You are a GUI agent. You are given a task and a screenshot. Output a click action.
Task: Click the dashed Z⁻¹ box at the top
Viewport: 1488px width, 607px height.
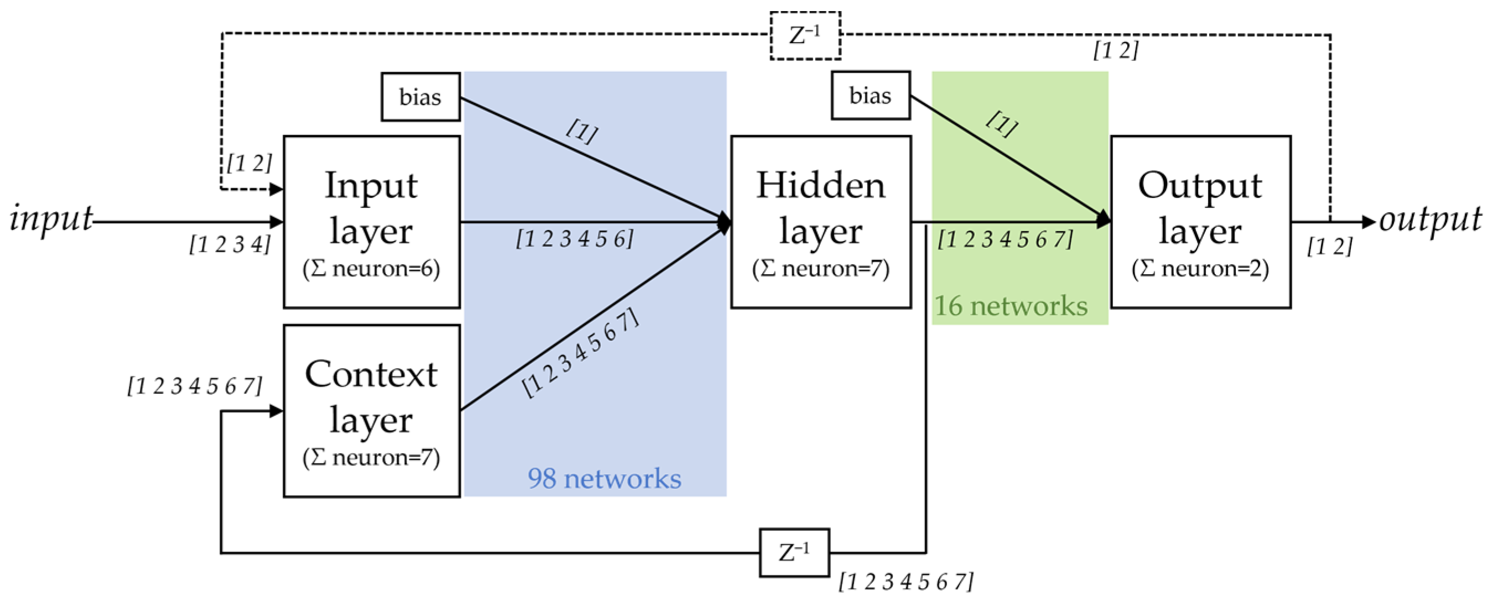tap(805, 36)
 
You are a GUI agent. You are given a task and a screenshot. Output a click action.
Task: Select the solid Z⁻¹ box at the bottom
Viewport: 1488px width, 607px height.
tap(794, 553)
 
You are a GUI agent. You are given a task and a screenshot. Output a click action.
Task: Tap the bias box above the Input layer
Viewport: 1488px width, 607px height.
tap(420, 97)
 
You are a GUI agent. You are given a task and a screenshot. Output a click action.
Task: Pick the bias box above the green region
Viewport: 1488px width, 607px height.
tap(870, 96)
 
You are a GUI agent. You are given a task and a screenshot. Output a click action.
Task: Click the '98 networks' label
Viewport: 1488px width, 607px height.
tap(604, 479)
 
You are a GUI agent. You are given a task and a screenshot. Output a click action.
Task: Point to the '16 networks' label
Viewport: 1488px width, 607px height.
tap(1011, 306)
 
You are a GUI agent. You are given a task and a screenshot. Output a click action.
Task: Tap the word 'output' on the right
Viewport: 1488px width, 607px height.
tap(1430, 219)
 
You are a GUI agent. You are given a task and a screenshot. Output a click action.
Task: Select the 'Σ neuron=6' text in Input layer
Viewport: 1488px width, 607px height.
tap(371, 269)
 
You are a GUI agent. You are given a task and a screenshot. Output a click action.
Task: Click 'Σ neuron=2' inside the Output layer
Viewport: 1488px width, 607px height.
tap(1200, 269)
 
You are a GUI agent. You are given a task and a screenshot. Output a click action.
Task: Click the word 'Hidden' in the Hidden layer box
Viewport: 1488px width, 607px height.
tap(820, 186)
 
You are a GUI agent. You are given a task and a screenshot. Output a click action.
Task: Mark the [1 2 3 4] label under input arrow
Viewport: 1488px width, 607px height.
tap(230, 245)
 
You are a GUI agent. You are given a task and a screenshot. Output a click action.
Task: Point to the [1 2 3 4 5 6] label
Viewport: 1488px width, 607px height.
tap(574, 238)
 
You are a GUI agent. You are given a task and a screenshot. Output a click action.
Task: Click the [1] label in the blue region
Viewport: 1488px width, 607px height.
tap(582, 132)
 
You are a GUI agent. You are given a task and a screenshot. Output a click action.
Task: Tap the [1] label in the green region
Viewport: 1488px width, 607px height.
tap(1002, 124)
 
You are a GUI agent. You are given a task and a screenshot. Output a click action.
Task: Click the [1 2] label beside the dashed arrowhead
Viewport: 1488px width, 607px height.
tap(249, 164)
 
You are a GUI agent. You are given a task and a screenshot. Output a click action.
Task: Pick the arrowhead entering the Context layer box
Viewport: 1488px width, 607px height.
tap(276, 411)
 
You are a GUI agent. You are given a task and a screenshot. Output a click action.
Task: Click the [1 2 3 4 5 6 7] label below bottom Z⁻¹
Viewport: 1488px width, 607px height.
tap(906, 582)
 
